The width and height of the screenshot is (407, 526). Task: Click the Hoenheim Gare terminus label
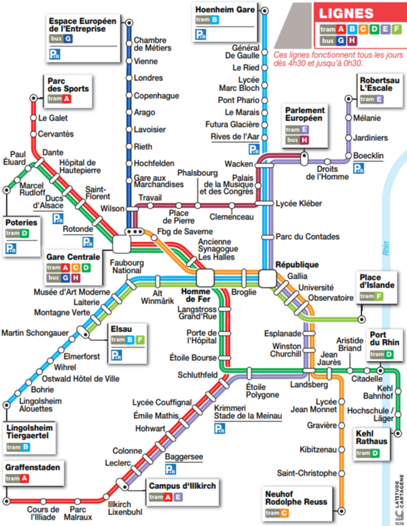(x=225, y=10)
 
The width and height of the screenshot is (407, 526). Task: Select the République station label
(x=297, y=265)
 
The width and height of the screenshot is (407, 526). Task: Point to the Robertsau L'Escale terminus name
(x=380, y=85)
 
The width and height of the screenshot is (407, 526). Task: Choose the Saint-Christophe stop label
(x=306, y=473)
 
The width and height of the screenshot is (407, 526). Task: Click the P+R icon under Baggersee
(x=171, y=470)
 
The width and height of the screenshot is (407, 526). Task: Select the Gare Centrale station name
(x=73, y=257)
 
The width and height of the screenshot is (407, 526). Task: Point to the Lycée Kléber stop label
(x=299, y=203)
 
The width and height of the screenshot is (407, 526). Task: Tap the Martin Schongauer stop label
(x=37, y=332)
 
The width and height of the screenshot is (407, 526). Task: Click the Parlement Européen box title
(x=304, y=115)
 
